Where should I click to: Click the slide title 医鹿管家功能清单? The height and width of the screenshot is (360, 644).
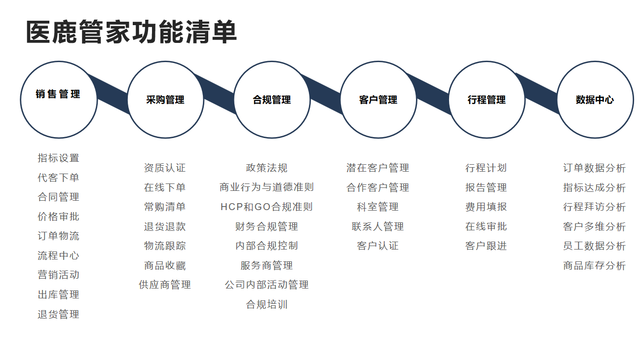pos(131,32)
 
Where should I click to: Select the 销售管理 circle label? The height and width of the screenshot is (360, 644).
pos(58,94)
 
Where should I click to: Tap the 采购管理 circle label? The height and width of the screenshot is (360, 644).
pos(165,100)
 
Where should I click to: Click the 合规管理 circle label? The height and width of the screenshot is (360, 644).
pos(272,100)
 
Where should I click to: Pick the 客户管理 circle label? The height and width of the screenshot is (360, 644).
pos(378,100)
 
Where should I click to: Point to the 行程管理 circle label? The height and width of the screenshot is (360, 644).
pos(487,100)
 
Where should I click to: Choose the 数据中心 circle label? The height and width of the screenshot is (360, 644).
pos(595,100)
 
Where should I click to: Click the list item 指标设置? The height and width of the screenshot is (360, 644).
pos(58,158)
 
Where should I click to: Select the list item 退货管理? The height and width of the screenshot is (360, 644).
pos(58,314)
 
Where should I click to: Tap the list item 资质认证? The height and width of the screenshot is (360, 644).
pos(165,168)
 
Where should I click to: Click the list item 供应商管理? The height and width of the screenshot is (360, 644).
pos(165,285)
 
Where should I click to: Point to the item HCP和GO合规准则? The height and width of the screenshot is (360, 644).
pos(266,207)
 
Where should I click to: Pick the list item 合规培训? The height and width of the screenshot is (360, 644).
pos(266,305)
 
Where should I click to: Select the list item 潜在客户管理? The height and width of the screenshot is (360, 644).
pos(378,168)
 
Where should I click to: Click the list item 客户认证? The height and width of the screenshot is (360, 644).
pos(378,246)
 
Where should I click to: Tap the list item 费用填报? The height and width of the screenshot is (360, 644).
pos(486,207)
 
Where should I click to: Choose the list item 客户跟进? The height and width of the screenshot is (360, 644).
pos(486,246)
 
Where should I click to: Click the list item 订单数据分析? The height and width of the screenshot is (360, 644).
pos(594,168)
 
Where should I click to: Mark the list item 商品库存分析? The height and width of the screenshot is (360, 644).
pos(594,265)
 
